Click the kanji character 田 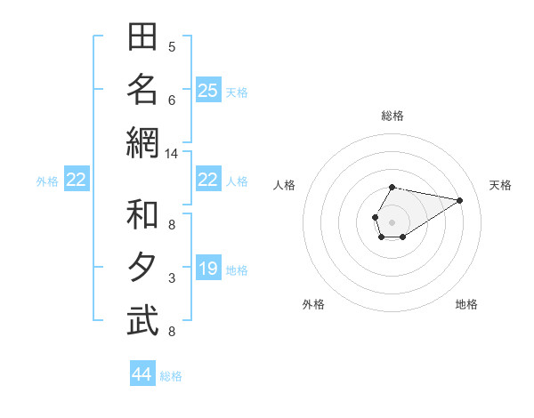[x=143, y=38]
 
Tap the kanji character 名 [x=143, y=90]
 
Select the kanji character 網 [x=143, y=142]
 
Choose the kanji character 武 [x=143, y=321]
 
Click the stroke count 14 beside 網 [x=172, y=154]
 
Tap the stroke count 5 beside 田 [x=172, y=47]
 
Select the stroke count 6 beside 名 [x=172, y=100]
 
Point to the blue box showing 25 [x=208, y=90]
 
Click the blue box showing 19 [x=208, y=269]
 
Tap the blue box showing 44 [x=142, y=374]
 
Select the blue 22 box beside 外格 [x=76, y=181]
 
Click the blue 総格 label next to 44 [x=171, y=376]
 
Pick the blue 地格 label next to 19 [x=237, y=270]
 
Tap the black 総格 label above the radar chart [x=392, y=116]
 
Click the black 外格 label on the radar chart [x=313, y=304]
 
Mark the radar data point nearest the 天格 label [x=460, y=200]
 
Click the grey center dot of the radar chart [x=392, y=221]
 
